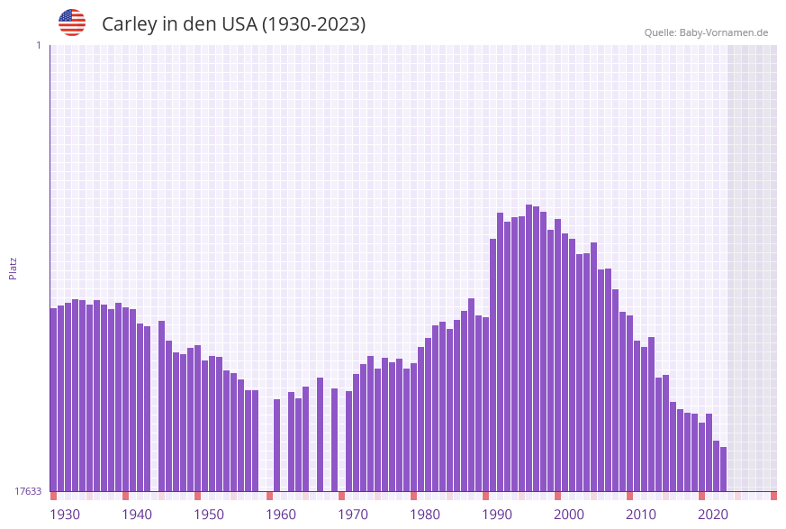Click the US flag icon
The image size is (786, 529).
coord(72,23)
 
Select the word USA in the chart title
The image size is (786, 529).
coord(239,24)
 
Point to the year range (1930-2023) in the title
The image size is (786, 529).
coord(313,24)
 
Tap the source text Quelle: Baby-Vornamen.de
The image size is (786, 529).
coord(706,32)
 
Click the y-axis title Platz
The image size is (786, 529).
coord(14,268)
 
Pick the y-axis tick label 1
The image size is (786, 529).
coord(38,45)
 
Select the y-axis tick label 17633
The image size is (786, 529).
coord(29,491)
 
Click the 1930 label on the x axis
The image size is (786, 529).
coord(65,515)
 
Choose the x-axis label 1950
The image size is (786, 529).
coord(209,515)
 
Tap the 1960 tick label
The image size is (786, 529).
coord(281,515)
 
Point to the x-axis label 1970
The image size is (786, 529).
coord(353,515)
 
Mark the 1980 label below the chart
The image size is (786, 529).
coord(425,515)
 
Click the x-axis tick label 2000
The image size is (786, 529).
coord(569,515)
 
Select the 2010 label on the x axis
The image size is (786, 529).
coord(641,515)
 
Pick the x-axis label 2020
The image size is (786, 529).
coord(713,515)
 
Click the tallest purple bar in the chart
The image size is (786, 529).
coord(529,348)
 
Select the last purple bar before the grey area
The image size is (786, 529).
coord(723,469)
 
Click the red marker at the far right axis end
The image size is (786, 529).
coord(773,496)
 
